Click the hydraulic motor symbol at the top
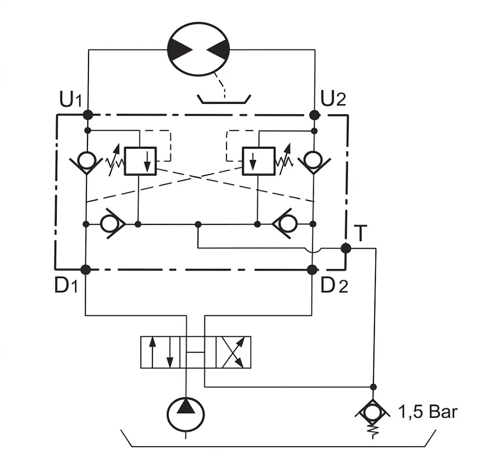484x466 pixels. point(199,49)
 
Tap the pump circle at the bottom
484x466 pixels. point(185,414)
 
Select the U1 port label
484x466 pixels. point(71,99)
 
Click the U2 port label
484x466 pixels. point(333,98)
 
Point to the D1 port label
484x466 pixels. point(66,285)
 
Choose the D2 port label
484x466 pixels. point(334,285)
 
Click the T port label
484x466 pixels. point(360,233)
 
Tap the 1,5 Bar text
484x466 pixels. point(428,412)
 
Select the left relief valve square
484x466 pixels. point(140,161)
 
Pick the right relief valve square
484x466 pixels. point(259,161)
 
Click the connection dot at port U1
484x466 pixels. point(88,115)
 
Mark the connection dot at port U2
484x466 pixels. point(314,115)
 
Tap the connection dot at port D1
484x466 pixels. point(86,270)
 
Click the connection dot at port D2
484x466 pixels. point(312,270)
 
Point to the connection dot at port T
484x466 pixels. point(346,248)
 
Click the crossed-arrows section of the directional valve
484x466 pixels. point(233,352)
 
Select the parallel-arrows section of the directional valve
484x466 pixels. point(160,352)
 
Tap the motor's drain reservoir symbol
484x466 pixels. point(224,99)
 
